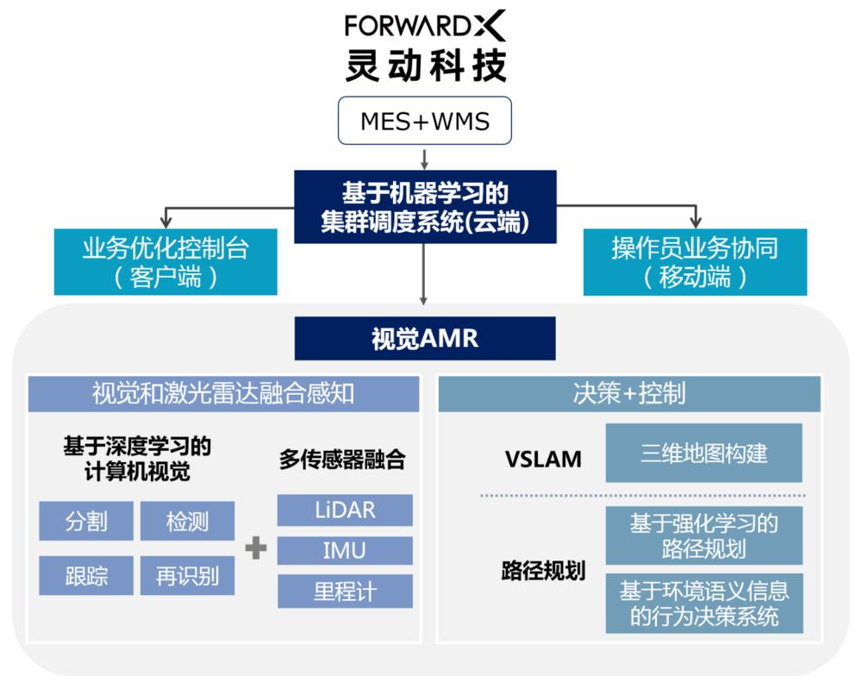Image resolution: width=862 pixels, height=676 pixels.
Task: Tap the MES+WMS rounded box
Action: coord(424,122)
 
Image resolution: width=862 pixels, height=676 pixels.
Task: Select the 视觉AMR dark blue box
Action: coord(424,338)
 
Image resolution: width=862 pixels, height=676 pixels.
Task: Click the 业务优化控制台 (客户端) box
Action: coord(166,262)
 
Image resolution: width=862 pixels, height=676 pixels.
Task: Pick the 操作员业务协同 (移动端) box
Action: coord(695,262)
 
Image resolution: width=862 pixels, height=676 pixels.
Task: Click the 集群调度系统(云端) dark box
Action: coord(424,208)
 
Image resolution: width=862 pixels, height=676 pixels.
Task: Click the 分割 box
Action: coord(86,522)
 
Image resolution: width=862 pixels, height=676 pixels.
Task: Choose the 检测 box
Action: coord(187,522)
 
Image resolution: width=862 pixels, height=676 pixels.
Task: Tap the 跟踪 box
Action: coord(86,575)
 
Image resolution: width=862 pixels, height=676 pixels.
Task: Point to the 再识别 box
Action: coord(187,575)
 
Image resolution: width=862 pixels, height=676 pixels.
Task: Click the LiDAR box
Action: coord(345,510)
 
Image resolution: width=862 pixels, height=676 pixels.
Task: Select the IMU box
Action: coord(345,551)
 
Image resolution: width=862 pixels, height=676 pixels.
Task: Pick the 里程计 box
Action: coord(345,592)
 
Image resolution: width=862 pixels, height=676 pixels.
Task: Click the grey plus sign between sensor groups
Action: coord(256,548)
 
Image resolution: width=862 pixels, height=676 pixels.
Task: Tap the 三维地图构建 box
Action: coord(703,453)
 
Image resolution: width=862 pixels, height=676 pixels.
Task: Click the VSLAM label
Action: coord(542,460)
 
